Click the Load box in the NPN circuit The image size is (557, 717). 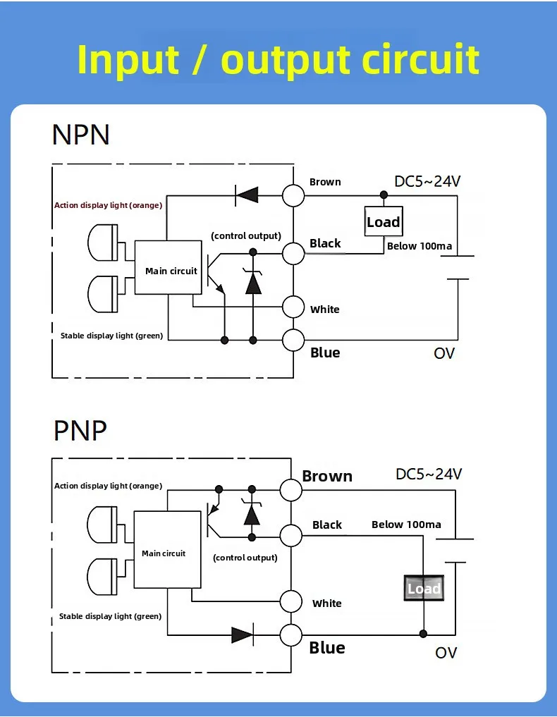tap(383, 222)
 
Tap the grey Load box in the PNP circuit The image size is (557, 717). tap(424, 589)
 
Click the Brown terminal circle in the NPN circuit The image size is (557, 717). tap(294, 195)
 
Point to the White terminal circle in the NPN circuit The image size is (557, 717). tap(294, 307)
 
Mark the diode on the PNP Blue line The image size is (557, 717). tap(243, 635)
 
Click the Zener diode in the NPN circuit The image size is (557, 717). tap(252, 282)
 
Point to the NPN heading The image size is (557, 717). tap(81, 134)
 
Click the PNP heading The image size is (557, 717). tap(80, 429)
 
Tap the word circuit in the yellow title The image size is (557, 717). tap(420, 59)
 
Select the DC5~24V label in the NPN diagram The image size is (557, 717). tap(427, 181)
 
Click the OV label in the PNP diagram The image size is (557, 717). tap(446, 653)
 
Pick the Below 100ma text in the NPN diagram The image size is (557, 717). tap(420, 246)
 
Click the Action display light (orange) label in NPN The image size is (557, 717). tap(108, 205)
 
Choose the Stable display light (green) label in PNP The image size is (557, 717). tap(110, 616)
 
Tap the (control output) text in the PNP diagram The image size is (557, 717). tap(245, 558)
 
